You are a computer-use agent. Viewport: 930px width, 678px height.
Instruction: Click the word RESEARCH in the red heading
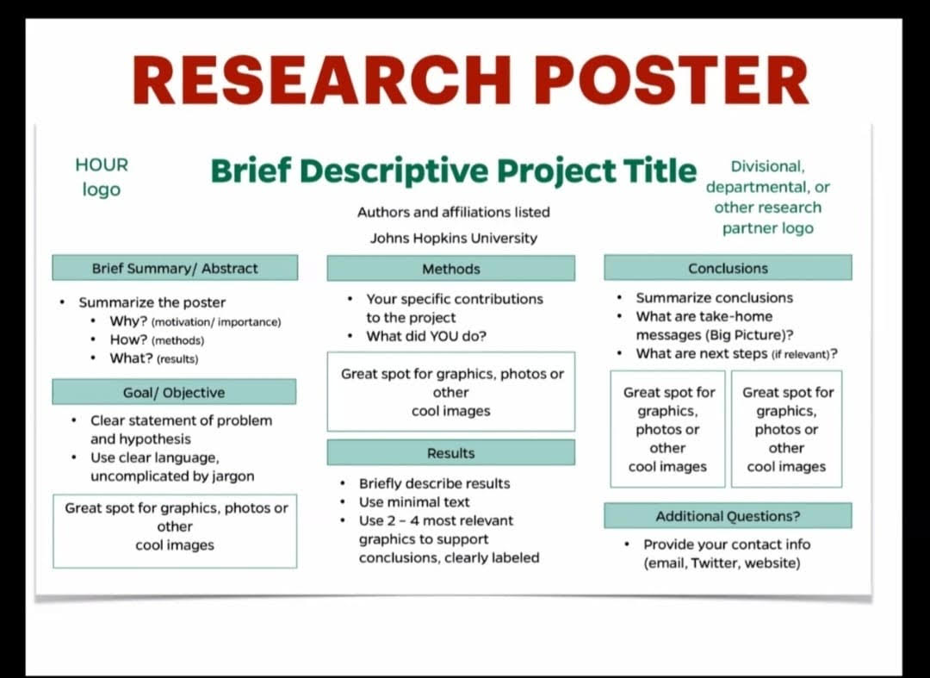point(321,81)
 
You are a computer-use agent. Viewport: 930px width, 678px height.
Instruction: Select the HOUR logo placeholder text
point(102,177)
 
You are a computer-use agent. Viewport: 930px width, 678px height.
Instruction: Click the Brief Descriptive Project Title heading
point(453,171)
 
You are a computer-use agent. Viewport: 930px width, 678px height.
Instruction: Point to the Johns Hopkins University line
point(454,238)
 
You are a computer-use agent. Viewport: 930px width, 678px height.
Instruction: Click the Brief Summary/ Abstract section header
point(175,268)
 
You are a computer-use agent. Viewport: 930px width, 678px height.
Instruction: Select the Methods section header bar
point(450,269)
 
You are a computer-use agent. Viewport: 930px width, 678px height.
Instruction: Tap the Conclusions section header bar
point(728,268)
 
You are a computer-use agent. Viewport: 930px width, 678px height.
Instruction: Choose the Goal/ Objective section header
point(174,392)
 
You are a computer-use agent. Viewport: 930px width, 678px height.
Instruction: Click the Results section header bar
point(450,452)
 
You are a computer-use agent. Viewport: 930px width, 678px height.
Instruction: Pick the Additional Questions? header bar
point(728,516)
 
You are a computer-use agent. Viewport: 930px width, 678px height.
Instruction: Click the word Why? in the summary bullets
point(128,321)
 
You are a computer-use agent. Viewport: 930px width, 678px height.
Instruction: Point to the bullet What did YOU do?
point(426,336)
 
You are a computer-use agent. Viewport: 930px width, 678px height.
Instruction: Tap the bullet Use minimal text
point(414,502)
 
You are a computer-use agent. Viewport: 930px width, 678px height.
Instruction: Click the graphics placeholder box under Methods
point(450,391)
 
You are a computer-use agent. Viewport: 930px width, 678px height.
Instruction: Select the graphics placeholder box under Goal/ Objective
point(175,531)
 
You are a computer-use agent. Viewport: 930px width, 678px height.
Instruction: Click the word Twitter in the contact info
point(714,563)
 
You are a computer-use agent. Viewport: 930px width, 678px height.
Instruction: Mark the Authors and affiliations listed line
point(454,212)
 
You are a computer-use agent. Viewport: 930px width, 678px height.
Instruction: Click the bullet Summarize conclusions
point(714,298)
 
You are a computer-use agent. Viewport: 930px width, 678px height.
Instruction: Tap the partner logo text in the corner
point(767,197)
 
